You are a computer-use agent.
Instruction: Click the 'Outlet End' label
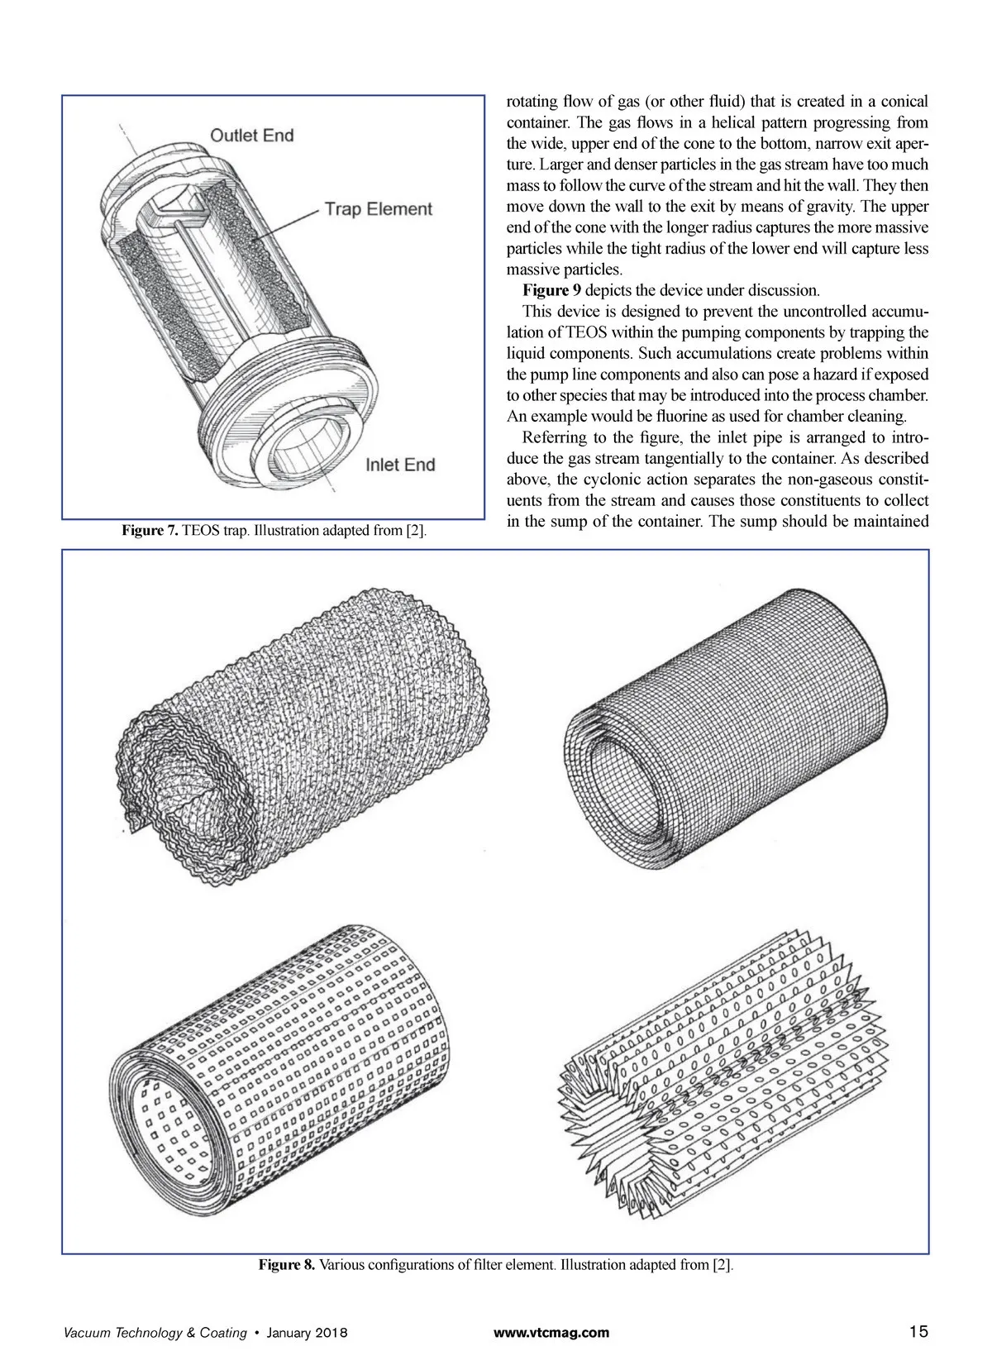(x=251, y=135)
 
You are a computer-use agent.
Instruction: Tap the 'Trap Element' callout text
(x=378, y=208)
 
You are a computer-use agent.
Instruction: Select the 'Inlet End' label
(x=400, y=465)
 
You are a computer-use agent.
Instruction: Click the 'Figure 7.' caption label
(x=150, y=530)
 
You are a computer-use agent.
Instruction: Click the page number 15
(x=918, y=1332)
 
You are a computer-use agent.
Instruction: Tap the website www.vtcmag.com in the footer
(x=551, y=1333)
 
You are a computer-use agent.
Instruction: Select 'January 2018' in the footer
(x=308, y=1333)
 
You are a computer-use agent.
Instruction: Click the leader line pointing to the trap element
(x=285, y=223)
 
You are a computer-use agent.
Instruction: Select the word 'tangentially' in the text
(x=713, y=458)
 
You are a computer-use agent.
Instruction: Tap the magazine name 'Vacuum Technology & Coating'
(x=155, y=1333)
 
